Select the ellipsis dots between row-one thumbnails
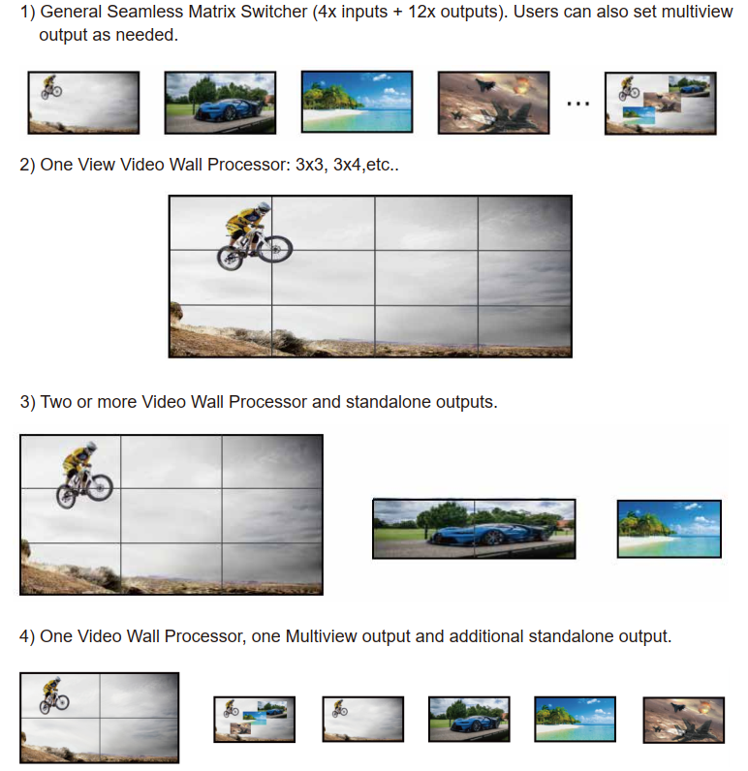click(x=577, y=104)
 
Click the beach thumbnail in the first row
click(x=357, y=102)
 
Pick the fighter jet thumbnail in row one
click(x=494, y=103)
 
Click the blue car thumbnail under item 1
click(x=220, y=103)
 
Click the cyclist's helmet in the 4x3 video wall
click(x=264, y=207)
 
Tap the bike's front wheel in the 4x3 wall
click(x=275, y=249)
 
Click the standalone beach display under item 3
click(x=670, y=529)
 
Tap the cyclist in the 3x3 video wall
click(x=84, y=475)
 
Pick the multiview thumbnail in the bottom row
click(x=254, y=719)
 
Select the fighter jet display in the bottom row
click(x=684, y=720)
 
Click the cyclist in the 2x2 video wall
click(x=54, y=695)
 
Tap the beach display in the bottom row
click(x=575, y=719)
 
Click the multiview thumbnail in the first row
click(x=661, y=104)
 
